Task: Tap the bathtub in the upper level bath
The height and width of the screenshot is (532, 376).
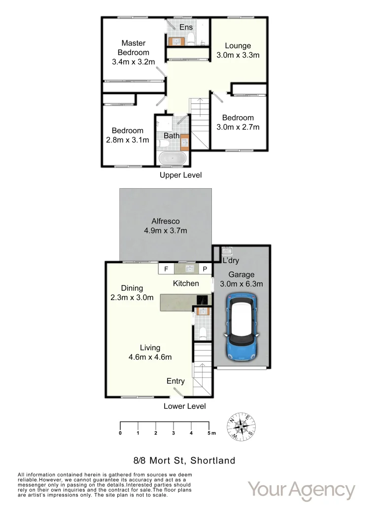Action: (171, 159)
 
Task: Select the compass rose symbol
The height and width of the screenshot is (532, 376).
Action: (241, 425)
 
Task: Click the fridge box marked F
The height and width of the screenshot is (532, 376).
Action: (166, 269)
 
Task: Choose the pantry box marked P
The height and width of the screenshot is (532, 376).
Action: (205, 269)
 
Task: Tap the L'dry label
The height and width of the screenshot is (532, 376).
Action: (231, 260)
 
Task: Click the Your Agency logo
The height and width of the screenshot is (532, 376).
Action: (301, 490)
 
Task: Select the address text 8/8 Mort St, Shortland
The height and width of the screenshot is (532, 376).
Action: (184, 461)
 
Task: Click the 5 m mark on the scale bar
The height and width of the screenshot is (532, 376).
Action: (210, 433)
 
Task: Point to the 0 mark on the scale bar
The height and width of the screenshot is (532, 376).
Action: (120, 433)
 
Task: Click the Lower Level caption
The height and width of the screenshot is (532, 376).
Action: (185, 406)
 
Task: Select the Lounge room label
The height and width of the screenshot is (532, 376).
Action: (238, 46)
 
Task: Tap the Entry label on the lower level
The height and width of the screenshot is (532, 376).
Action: (176, 381)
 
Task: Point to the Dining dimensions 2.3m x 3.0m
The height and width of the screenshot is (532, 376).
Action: (132, 297)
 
